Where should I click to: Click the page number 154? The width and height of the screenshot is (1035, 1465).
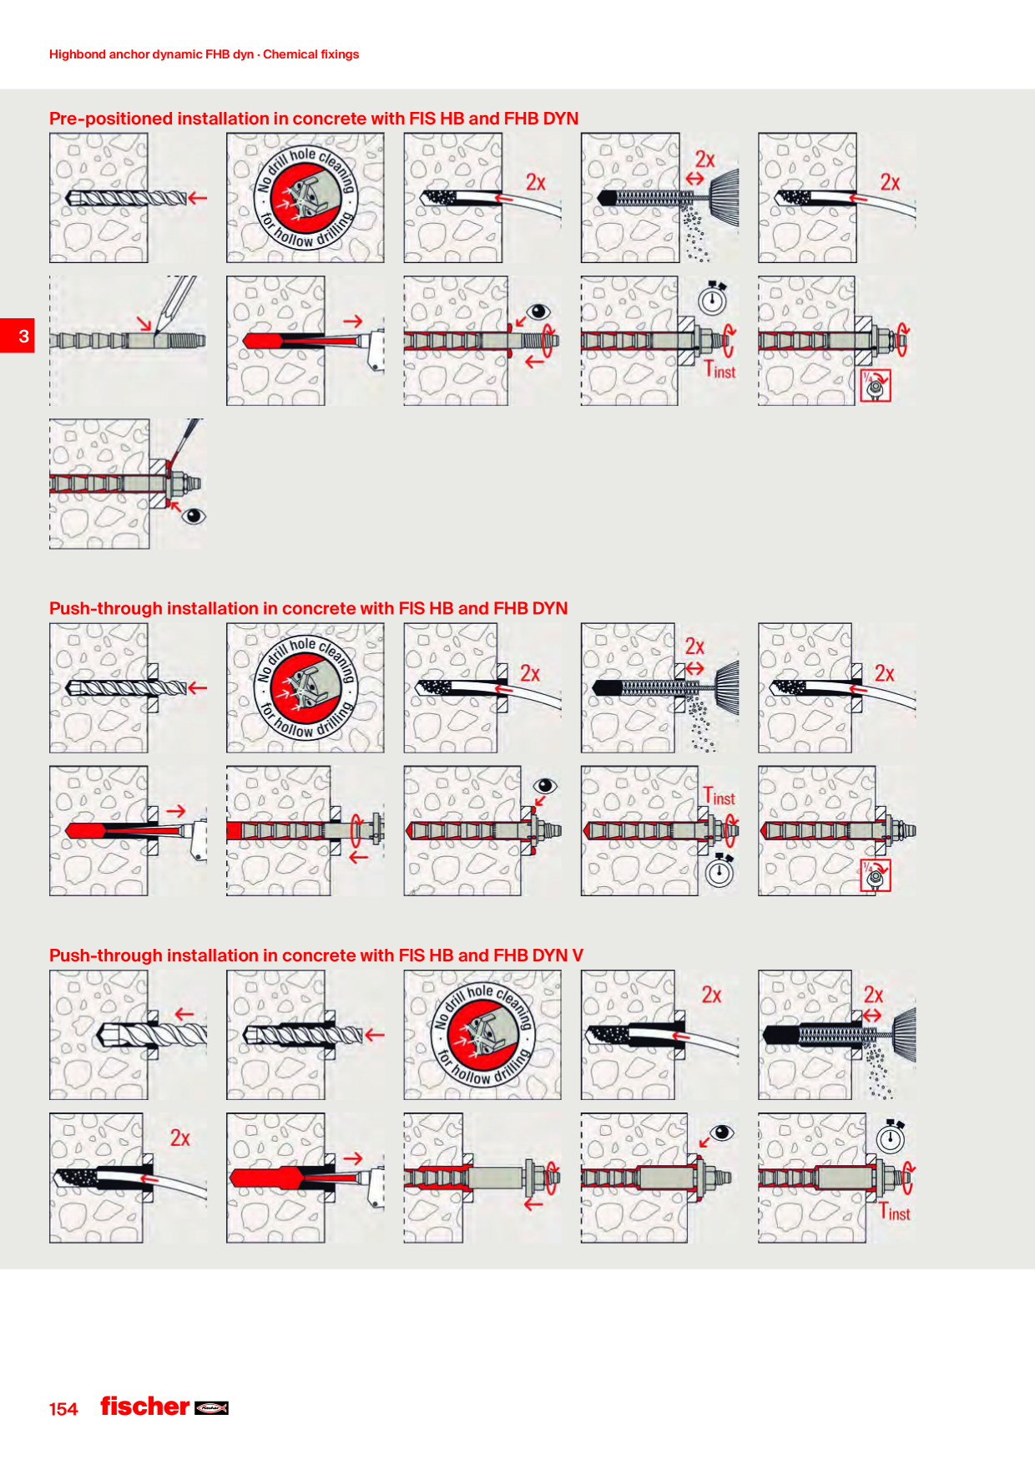(63, 1409)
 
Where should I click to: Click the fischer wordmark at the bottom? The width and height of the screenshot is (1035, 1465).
(145, 1407)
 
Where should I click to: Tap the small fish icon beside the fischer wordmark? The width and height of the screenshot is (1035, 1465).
(211, 1408)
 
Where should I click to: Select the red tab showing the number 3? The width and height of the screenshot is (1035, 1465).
(17, 336)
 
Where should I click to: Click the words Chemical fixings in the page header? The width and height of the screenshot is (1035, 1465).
(311, 54)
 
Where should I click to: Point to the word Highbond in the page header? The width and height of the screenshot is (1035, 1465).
(78, 54)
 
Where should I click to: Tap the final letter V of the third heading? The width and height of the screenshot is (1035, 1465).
(578, 956)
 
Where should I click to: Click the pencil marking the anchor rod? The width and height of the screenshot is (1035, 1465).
(174, 303)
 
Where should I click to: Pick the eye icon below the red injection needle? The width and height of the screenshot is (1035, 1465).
(194, 515)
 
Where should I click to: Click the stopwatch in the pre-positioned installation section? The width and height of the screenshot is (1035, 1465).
(713, 297)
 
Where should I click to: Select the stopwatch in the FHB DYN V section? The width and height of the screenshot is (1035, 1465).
(891, 1137)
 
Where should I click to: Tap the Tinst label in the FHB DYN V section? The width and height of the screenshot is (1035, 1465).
(895, 1211)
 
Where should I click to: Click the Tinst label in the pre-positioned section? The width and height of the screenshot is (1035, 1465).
(719, 369)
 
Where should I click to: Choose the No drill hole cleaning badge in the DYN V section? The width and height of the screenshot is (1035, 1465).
(482, 1035)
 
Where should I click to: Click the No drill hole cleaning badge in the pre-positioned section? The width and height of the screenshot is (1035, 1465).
(305, 198)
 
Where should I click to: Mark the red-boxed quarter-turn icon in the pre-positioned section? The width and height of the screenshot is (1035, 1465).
(876, 386)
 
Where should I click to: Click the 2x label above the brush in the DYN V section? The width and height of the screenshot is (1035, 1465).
(873, 995)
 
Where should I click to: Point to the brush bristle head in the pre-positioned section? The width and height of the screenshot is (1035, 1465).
(724, 198)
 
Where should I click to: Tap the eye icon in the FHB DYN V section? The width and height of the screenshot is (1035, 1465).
(722, 1133)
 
